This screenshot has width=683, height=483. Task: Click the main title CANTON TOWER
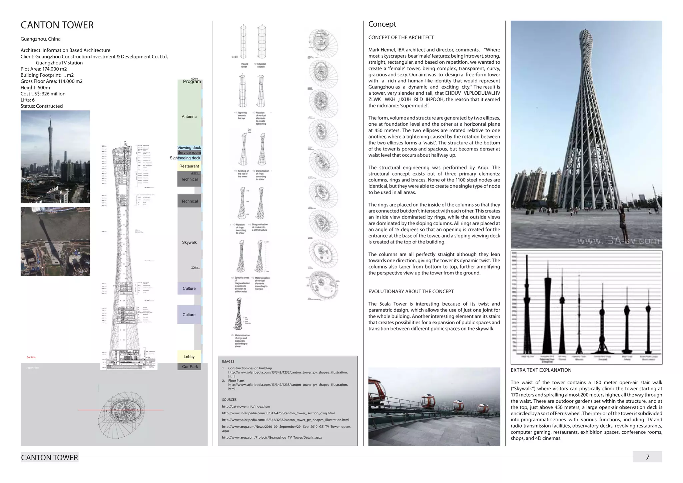[x=57, y=25]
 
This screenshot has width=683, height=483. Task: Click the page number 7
[x=647, y=457]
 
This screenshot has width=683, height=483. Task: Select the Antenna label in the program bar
[x=189, y=116]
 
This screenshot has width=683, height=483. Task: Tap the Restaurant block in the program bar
[x=189, y=166]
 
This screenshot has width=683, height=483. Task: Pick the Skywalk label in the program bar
[x=189, y=243]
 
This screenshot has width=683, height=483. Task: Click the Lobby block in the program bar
[x=189, y=357]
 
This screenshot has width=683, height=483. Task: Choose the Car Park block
[x=190, y=367]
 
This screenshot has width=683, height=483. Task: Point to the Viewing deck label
[x=189, y=147]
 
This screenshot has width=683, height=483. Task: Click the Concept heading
[x=382, y=24]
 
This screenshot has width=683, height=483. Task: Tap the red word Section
[x=31, y=357]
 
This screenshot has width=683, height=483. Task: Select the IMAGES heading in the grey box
[x=228, y=362]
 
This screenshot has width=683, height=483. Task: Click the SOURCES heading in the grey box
[x=229, y=400]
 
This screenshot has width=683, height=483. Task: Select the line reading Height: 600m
[x=35, y=87]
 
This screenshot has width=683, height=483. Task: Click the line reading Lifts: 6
[x=28, y=100]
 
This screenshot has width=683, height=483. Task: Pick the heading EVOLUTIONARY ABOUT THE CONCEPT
[x=411, y=292]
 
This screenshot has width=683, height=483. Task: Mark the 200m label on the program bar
[x=195, y=268]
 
